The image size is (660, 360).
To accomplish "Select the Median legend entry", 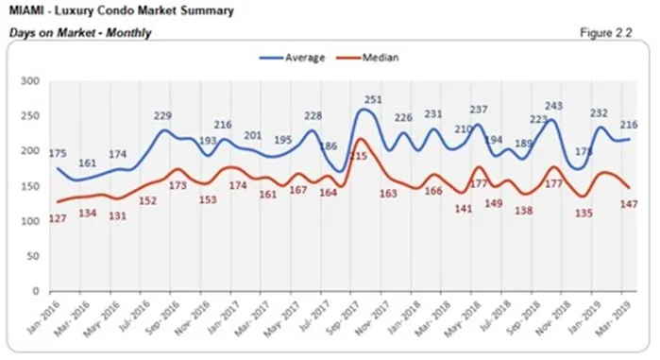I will point(374,57).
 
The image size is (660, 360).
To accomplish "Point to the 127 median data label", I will point(59,219).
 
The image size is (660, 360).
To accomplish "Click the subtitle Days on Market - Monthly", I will point(80,33).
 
